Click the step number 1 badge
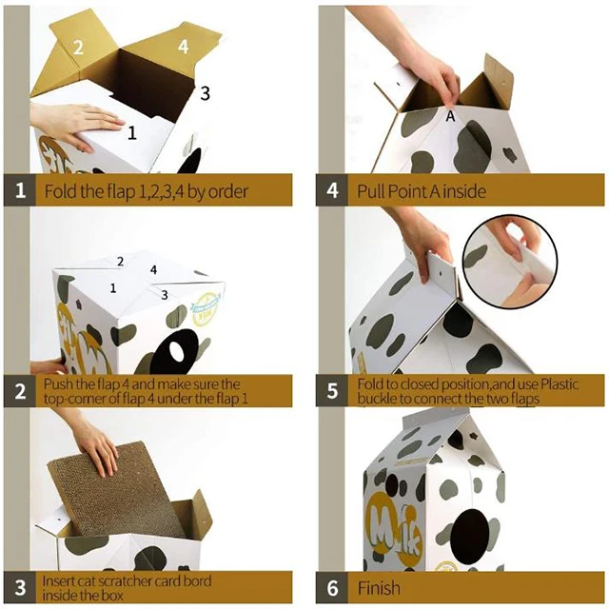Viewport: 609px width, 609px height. (20, 190)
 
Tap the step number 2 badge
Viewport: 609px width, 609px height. (20, 391)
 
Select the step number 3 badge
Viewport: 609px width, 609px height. (20, 587)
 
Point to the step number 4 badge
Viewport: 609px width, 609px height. (332, 190)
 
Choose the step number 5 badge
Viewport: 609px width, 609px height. (332, 391)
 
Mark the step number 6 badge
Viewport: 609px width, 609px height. (332, 587)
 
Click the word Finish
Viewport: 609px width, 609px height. (379, 588)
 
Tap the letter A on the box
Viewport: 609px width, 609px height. (450, 116)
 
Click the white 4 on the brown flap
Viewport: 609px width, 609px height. (184, 47)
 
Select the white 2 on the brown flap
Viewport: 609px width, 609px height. (78, 48)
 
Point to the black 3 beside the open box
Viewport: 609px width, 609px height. (206, 93)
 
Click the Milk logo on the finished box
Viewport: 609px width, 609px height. (394, 529)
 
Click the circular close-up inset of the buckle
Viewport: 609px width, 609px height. (510, 260)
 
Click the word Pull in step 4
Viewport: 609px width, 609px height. (371, 191)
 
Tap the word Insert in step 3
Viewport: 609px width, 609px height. (58, 581)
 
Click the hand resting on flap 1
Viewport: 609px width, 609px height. (76, 125)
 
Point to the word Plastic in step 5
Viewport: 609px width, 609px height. (560, 384)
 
